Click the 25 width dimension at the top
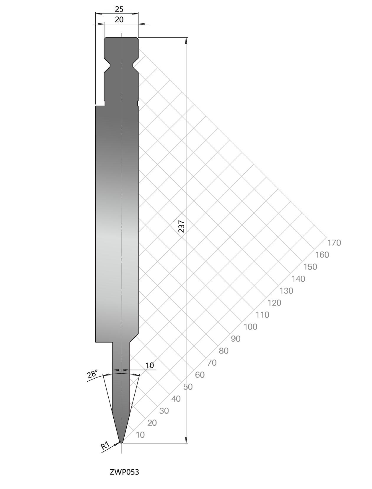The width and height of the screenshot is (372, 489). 119,9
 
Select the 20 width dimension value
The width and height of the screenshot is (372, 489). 119,20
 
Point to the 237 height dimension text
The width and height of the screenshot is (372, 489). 182,226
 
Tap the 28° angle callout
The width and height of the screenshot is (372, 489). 92,374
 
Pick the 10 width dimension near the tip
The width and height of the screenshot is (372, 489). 150,365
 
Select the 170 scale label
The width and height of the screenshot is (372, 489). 334,243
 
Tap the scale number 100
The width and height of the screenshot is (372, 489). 250,327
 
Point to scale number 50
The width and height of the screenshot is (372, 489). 188,387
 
